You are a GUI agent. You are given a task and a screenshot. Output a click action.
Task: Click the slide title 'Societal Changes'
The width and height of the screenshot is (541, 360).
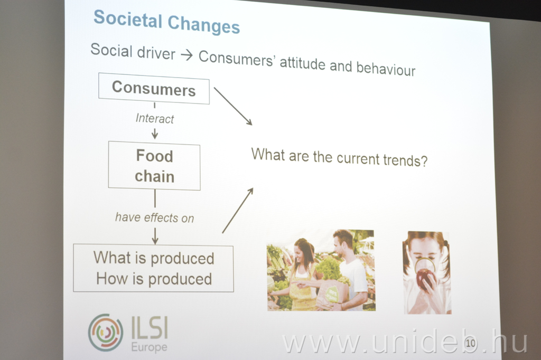pos(166,22)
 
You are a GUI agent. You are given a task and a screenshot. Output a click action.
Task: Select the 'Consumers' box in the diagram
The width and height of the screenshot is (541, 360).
pos(154,88)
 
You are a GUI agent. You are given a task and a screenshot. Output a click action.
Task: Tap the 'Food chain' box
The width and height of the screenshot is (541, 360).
pos(154,166)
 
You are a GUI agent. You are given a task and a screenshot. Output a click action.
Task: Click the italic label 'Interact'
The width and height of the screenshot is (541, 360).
pos(155,118)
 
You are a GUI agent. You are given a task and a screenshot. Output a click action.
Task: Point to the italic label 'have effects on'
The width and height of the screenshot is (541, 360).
pos(155,217)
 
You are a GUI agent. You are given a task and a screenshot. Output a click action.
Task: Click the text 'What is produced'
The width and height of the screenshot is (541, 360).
pos(154,258)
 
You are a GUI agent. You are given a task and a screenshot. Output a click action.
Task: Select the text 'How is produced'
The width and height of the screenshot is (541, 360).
pos(154,279)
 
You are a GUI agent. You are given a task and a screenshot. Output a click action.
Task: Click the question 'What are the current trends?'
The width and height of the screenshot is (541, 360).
pos(339,157)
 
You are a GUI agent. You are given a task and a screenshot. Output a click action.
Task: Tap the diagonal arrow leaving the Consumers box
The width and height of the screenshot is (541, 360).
pos(233,106)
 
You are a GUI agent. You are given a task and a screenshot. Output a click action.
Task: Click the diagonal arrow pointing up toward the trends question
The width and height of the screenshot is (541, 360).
pos(238,210)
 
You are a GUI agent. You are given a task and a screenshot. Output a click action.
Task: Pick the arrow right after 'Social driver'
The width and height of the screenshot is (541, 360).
pos(186,55)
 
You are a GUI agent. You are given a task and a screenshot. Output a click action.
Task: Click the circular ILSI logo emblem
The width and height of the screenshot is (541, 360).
pos(106,333)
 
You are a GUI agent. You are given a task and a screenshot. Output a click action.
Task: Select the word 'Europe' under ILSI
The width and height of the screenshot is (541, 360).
pos(149,347)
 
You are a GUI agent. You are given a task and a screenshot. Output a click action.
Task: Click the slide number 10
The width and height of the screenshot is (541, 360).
pos(471,343)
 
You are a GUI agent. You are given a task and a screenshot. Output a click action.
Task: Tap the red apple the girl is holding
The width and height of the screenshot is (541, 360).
pos(425,278)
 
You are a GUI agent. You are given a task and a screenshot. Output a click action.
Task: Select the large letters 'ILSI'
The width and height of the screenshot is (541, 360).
pos(150,328)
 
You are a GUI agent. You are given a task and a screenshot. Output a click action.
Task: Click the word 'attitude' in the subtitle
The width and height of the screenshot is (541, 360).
pos(302,63)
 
